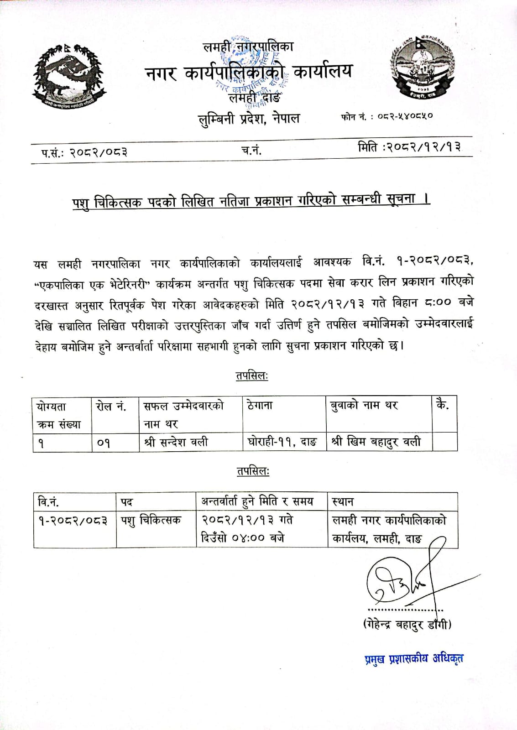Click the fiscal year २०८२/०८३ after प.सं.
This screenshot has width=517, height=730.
click(98, 152)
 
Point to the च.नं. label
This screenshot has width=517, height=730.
click(251, 150)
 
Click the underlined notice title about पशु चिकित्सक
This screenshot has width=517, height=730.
click(251, 201)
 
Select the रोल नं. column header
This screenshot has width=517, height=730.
click(111, 406)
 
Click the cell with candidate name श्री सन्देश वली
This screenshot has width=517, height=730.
click(176, 442)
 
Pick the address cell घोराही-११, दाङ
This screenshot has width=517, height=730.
click(282, 442)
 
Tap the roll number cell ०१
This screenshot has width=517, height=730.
click(104, 443)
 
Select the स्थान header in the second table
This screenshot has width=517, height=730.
click(343, 502)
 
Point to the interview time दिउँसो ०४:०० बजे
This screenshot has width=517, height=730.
click(243, 538)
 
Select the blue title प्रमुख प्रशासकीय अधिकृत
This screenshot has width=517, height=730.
click(414, 658)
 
